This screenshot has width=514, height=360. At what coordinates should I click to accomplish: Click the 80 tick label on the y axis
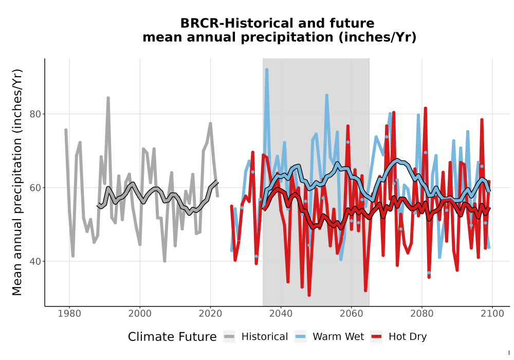tap(35, 114)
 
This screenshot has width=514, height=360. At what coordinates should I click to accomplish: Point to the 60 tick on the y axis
tap(35, 188)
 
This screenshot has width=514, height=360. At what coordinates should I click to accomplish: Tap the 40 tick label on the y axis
tap(35, 262)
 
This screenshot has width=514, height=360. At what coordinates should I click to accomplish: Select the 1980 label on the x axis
tap(69, 314)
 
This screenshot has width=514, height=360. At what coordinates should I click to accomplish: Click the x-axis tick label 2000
tap(140, 314)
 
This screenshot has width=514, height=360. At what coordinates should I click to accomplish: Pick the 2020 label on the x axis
tap(210, 314)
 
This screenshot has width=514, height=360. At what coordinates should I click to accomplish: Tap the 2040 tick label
tap(281, 314)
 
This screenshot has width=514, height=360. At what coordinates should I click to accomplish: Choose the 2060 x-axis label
tap(352, 314)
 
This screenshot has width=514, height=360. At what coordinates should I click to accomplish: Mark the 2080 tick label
tap(422, 314)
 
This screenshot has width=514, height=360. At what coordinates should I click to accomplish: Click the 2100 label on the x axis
tap(492, 314)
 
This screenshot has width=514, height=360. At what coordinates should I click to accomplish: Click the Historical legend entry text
tap(265, 337)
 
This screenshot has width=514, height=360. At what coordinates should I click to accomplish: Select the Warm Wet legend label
tap(338, 337)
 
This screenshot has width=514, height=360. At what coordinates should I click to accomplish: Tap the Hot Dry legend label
tap(408, 337)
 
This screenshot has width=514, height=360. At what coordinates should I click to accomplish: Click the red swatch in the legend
tap(377, 337)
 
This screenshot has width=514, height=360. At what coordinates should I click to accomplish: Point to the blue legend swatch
tap(300, 337)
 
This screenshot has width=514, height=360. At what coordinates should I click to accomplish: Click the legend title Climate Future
tap(172, 337)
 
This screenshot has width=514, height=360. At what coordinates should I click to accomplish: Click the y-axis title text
tap(17, 182)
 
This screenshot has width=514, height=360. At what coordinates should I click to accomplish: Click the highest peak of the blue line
tap(267, 69)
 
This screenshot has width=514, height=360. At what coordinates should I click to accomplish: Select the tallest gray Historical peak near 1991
tap(108, 98)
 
